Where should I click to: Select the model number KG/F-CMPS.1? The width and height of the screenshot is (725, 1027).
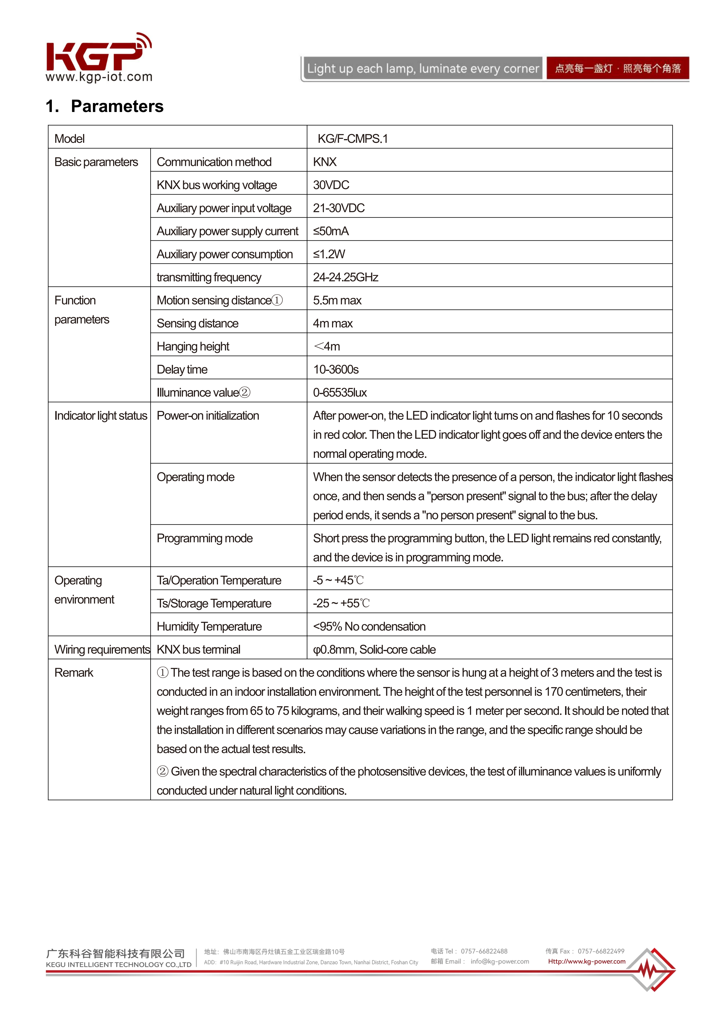[352, 139]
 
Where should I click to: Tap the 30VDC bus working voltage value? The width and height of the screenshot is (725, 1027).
[331, 185]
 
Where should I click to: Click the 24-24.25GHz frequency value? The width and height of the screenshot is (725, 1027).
[345, 277]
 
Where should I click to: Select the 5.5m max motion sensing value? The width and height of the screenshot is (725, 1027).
[337, 300]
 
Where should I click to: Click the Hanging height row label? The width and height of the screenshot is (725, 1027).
[193, 346]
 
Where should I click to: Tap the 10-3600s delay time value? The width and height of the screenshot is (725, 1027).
[335, 369]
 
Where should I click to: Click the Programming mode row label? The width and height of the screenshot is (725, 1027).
[204, 538]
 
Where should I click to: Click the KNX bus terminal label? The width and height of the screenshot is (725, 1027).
[198, 649]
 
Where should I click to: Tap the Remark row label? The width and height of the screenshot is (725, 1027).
[74, 673]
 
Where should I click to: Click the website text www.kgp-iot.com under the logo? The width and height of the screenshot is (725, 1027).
[99, 77]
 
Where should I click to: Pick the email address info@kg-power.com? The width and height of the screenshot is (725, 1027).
[499, 961]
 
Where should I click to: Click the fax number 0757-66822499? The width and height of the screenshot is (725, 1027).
[601, 951]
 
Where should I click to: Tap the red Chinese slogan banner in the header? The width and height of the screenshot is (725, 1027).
[617, 68]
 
